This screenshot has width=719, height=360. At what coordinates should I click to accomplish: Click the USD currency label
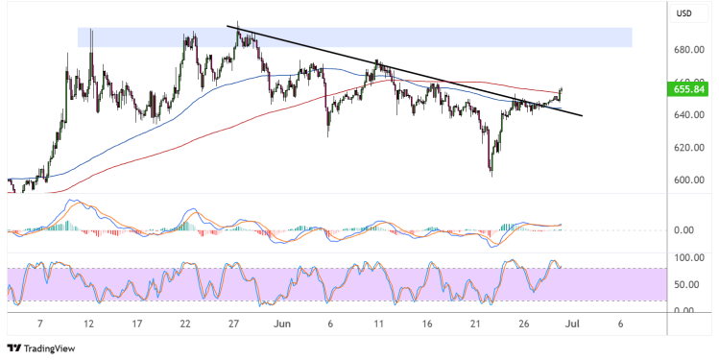tap(683, 13)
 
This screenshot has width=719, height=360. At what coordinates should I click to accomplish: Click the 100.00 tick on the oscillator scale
tap(683, 258)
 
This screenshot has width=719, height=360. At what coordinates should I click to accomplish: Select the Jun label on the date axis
tap(281, 324)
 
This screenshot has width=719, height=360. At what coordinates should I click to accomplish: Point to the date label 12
tap(88, 324)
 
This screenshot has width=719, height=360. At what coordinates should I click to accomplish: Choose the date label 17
tap(136, 324)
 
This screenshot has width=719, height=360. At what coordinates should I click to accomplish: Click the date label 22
tap(184, 324)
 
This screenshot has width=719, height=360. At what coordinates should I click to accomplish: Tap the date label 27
tap(233, 324)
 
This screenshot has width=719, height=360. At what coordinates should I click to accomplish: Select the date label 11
tap(378, 324)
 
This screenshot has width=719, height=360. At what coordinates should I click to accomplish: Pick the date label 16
tap(427, 324)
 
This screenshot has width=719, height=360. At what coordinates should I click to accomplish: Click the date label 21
tap(476, 324)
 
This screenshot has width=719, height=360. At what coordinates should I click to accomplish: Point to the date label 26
tap(524, 324)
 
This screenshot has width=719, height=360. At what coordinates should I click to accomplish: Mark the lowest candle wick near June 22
tap(491, 175)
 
